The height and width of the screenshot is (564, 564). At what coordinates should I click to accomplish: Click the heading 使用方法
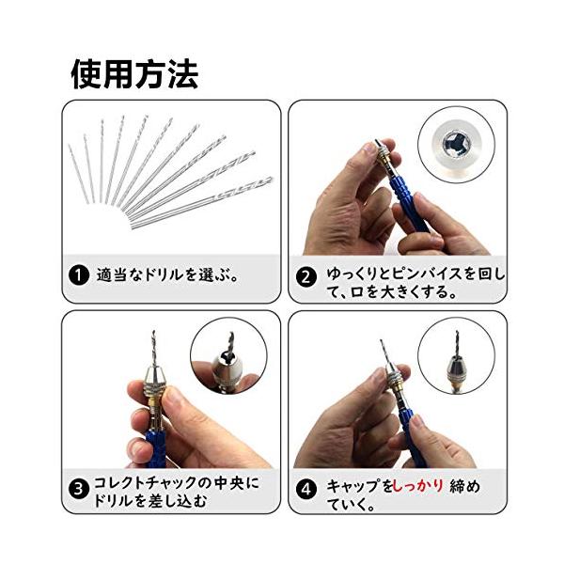pyautogui.click(x=134, y=74)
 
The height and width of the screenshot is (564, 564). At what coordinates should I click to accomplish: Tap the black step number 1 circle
pyautogui.click(x=79, y=275)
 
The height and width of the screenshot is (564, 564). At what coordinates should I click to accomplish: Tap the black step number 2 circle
pyautogui.click(x=306, y=277)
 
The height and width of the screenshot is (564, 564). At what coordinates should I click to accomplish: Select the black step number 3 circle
pyautogui.click(x=78, y=489)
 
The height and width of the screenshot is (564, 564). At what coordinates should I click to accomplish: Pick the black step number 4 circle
pyautogui.click(x=306, y=489)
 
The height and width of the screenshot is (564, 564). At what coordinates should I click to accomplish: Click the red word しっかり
pyautogui.click(x=418, y=486)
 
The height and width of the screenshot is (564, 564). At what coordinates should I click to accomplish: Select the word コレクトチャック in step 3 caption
pyautogui.click(x=146, y=483)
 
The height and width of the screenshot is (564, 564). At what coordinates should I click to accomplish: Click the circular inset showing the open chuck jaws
pyautogui.click(x=456, y=145)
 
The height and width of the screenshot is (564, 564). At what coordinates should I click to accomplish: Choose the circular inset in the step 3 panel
pyautogui.click(x=228, y=356)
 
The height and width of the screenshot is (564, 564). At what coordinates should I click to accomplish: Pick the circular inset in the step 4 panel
pyautogui.click(x=457, y=355)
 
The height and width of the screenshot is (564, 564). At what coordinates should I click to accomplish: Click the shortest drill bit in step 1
pyautogui.click(x=78, y=173)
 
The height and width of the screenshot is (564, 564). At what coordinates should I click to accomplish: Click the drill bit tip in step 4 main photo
pyautogui.click(x=381, y=340)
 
